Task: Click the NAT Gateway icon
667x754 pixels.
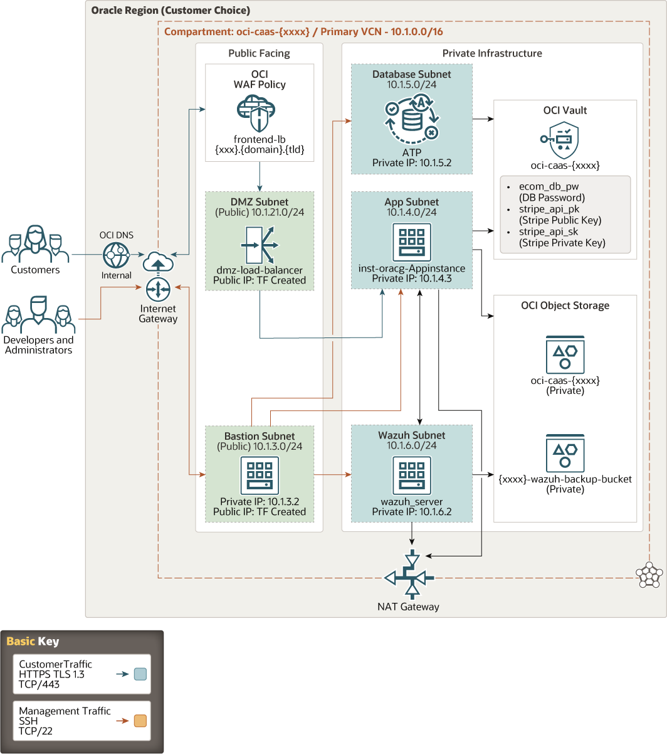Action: (x=411, y=576)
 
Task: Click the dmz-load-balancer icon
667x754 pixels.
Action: (x=259, y=245)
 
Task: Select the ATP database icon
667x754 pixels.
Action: (x=411, y=117)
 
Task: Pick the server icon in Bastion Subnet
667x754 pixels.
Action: (x=259, y=475)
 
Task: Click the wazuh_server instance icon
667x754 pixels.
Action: (x=411, y=475)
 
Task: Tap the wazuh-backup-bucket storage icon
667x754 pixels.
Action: (x=565, y=453)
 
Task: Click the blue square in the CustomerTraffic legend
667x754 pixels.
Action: (x=140, y=674)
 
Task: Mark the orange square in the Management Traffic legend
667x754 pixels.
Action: (x=140, y=721)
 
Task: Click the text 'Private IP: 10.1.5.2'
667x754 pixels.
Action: (x=411, y=163)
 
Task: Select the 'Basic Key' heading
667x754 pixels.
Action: (x=33, y=641)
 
